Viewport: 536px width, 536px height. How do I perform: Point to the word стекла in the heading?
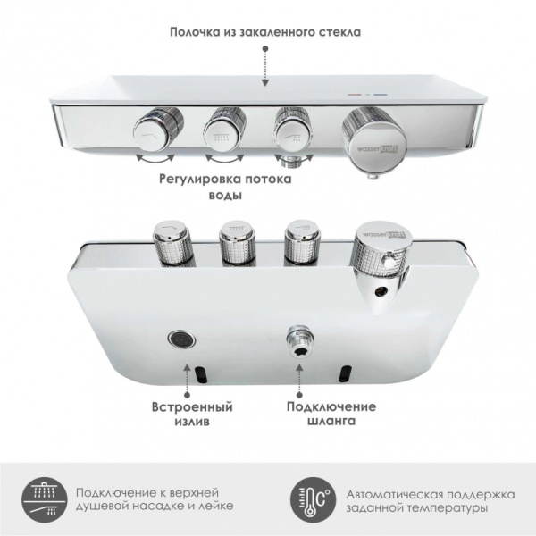[339, 33]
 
